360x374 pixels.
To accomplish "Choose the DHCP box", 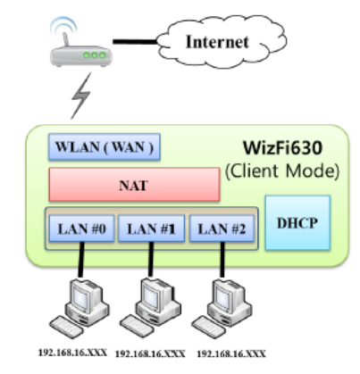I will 297,224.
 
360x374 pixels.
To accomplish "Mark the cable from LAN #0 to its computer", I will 79,263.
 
